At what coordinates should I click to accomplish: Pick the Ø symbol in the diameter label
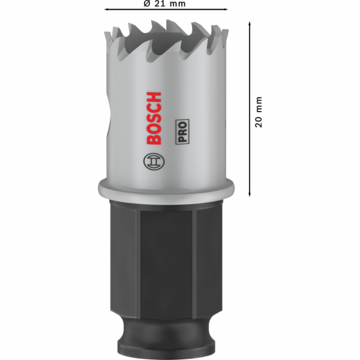147,4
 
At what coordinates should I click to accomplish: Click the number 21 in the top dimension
158,4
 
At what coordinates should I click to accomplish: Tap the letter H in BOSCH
154,96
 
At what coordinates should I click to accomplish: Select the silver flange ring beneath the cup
166,189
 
